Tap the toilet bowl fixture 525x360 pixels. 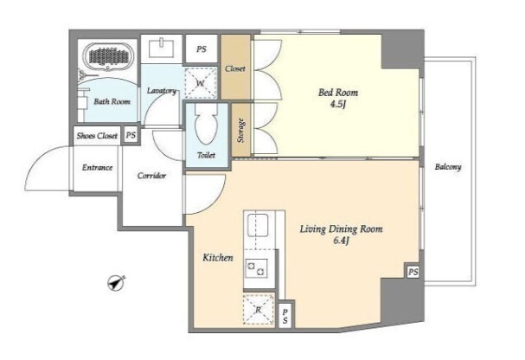(207, 125)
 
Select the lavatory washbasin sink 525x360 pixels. (162, 48)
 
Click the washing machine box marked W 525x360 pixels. (200, 83)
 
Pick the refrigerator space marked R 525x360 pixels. (259, 310)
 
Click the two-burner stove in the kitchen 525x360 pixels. (257, 268)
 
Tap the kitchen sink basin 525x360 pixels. (258, 225)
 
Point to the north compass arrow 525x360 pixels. (116, 282)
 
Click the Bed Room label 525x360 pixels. (338, 93)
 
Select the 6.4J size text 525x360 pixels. (341, 241)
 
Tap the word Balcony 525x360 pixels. (448, 167)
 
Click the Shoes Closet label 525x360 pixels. (97, 136)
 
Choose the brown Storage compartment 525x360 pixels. (240, 130)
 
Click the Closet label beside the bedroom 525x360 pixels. (235, 68)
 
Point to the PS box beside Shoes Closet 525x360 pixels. (131, 135)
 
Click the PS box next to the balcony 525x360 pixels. (413, 272)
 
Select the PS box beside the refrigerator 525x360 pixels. (285, 316)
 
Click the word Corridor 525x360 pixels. (151, 176)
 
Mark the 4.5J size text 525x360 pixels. (338, 104)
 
